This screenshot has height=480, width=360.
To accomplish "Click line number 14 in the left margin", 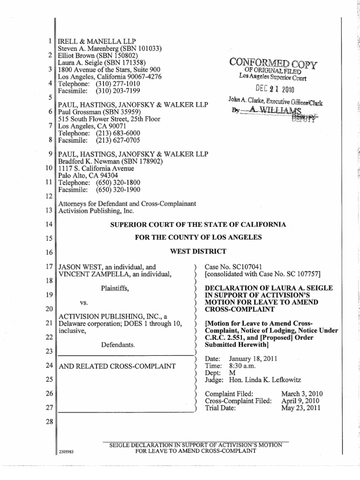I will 50,225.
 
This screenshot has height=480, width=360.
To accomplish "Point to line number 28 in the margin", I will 50,420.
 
